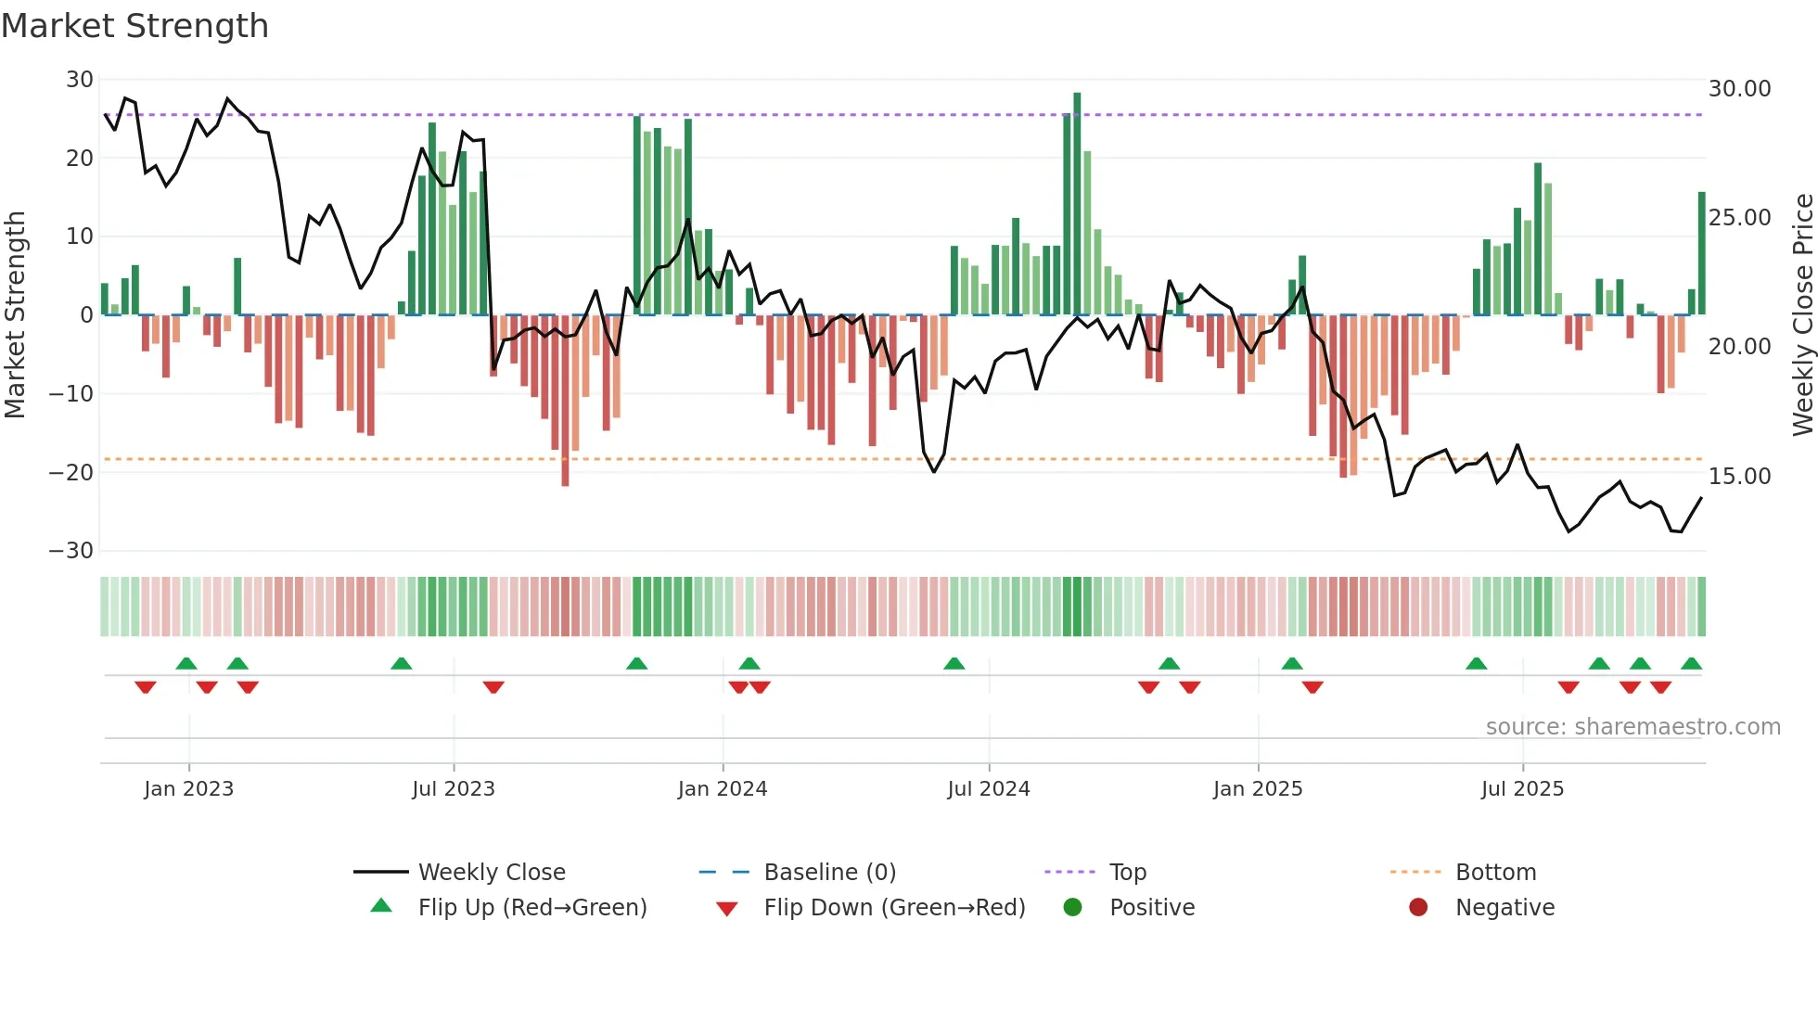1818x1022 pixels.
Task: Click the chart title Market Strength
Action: (134, 26)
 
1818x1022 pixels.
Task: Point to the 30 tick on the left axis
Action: (80, 80)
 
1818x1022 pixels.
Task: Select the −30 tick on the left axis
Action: (71, 551)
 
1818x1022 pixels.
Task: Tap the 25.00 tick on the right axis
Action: (1739, 218)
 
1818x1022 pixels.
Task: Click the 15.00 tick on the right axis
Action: (1739, 477)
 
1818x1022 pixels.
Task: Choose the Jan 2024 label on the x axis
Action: (723, 789)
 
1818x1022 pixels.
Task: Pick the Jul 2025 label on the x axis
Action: (1522, 789)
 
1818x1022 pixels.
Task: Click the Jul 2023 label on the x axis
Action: (454, 789)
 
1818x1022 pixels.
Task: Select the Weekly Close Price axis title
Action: (1802, 315)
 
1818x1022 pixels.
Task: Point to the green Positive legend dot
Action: (1073, 908)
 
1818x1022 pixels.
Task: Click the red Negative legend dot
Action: (1418, 908)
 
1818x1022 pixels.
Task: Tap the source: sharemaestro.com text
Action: (1632, 727)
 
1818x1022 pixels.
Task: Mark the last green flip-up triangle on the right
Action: (1691, 664)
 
